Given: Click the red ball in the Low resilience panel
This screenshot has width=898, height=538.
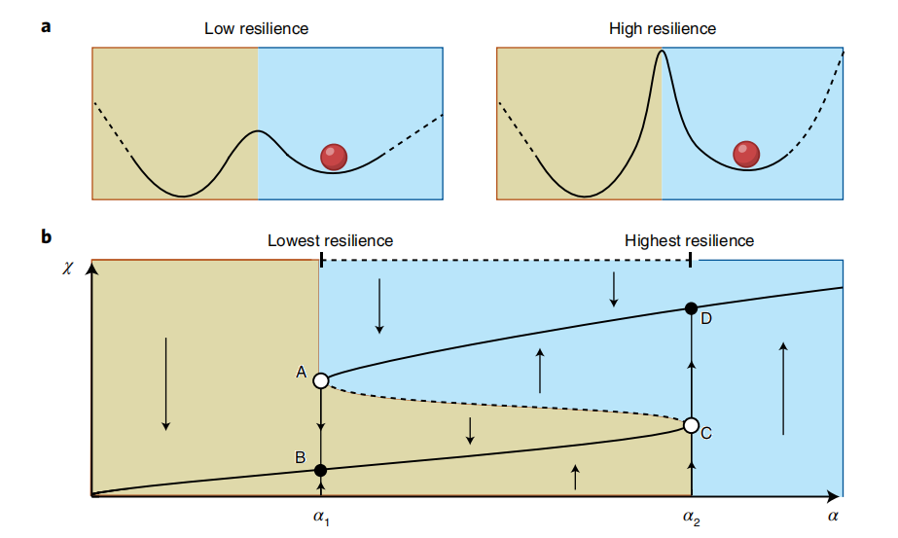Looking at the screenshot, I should coord(334,155).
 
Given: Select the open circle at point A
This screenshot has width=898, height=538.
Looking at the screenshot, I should coord(321,380).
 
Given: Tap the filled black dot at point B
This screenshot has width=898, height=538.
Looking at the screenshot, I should coord(321,470).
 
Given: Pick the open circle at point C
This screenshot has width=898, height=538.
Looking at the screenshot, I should coord(691,425).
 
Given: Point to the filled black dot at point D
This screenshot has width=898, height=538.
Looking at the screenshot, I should coord(691,308).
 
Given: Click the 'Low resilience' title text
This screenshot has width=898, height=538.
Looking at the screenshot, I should coord(256,28).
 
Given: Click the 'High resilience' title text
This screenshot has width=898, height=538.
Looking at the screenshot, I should coord(662,28).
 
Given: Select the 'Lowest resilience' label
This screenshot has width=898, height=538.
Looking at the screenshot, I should coord(330,240).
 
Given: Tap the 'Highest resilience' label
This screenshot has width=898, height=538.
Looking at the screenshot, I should coord(689,240).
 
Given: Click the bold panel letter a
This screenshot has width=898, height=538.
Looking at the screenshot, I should coord(45,26).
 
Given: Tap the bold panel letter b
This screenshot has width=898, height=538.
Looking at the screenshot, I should coord(46,236).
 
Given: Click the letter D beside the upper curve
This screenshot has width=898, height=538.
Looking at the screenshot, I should coord(707,317).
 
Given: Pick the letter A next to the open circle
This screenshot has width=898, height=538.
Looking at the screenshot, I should coord(302,372).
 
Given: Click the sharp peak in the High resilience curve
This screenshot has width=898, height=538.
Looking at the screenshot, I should coord(662,54).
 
